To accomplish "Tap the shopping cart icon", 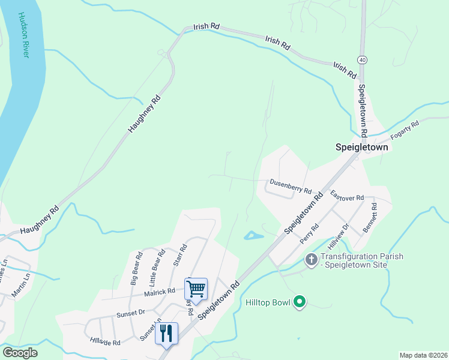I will coord(196,289).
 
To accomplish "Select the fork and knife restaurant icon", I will coord(167,333).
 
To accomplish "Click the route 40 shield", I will coord(361,60).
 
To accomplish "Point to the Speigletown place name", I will coord(361,147).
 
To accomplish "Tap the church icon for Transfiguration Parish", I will coord(311,260).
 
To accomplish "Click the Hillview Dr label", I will coord(339,237).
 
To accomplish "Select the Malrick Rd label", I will coord(159,291).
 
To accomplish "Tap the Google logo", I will coord(20,352).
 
